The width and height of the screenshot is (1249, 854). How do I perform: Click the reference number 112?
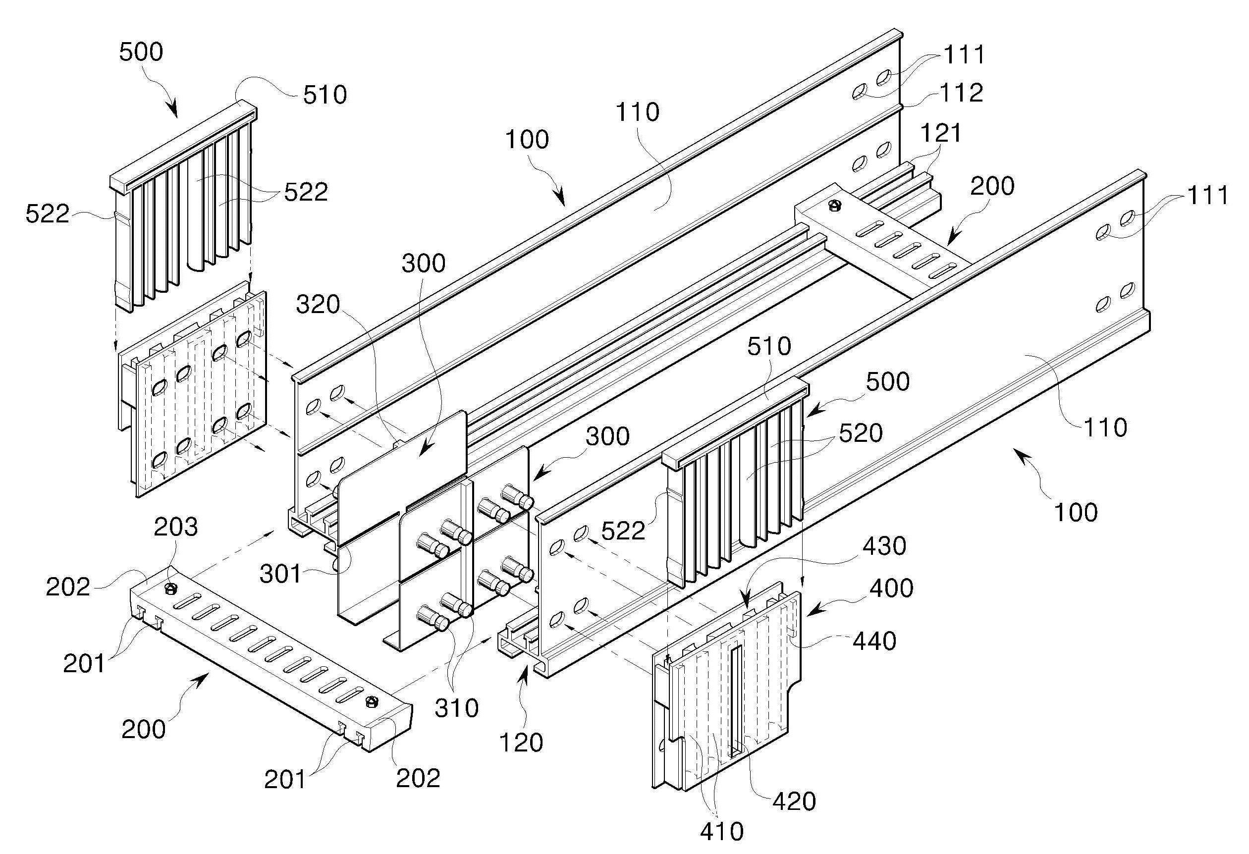[x=962, y=93]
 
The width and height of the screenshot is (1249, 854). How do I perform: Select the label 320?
[x=318, y=305]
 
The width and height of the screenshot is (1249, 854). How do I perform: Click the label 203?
[x=176, y=527]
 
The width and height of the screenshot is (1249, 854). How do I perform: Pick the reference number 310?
[x=456, y=708]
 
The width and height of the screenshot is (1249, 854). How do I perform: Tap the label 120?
[x=521, y=743]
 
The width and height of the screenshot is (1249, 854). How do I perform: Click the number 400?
[x=891, y=588]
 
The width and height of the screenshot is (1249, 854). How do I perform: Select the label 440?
[x=874, y=641]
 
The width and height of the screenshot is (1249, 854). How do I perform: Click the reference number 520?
[x=861, y=433]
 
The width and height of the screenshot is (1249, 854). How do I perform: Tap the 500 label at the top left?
[x=141, y=52]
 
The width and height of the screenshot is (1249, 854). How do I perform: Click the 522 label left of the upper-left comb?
[x=48, y=214]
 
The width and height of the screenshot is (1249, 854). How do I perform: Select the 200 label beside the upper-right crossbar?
[x=992, y=186]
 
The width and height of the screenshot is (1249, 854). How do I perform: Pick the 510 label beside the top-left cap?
[x=325, y=95]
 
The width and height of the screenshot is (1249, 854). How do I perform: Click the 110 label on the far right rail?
[x=1104, y=428]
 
